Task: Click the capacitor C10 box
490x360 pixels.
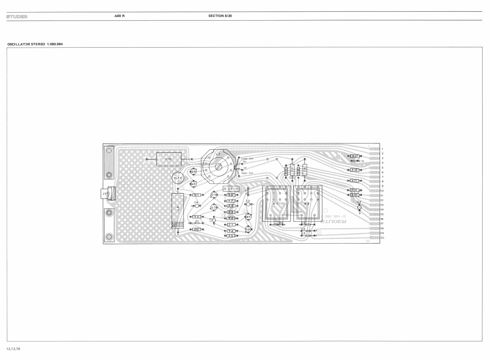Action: (x=169, y=159)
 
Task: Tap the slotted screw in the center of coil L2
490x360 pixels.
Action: (x=218, y=166)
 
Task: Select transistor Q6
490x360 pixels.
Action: (x=193, y=172)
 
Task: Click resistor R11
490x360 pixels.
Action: (x=197, y=195)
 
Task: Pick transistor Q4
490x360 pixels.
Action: (x=214, y=195)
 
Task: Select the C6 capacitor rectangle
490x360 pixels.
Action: (x=231, y=189)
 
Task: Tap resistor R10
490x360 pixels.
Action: (x=197, y=229)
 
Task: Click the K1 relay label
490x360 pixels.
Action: (x=275, y=204)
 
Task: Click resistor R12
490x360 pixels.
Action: (x=354, y=156)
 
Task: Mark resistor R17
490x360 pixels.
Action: (x=354, y=181)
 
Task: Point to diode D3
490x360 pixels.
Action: (x=308, y=236)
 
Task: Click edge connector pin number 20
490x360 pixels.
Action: (x=382, y=238)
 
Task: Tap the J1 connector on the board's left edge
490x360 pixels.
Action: (x=105, y=194)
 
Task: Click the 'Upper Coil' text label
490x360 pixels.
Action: (x=247, y=173)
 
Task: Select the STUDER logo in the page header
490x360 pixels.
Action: (x=17, y=16)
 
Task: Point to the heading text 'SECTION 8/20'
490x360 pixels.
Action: (x=220, y=16)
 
